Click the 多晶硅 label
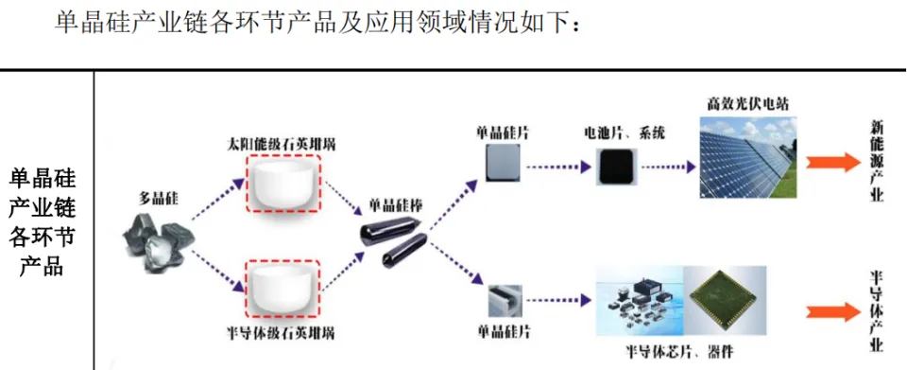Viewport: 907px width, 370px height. [x=158, y=200]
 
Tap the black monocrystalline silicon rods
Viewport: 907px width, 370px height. [x=394, y=242]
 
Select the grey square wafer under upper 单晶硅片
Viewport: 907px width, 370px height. [x=503, y=164]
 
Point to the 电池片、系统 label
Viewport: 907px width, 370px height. [x=624, y=134]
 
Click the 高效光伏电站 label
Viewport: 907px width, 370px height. [x=747, y=104]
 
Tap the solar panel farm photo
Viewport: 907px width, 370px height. [x=748, y=157]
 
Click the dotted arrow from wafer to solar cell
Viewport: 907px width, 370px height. [x=558, y=167]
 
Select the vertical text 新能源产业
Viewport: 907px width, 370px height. [x=877, y=162]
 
